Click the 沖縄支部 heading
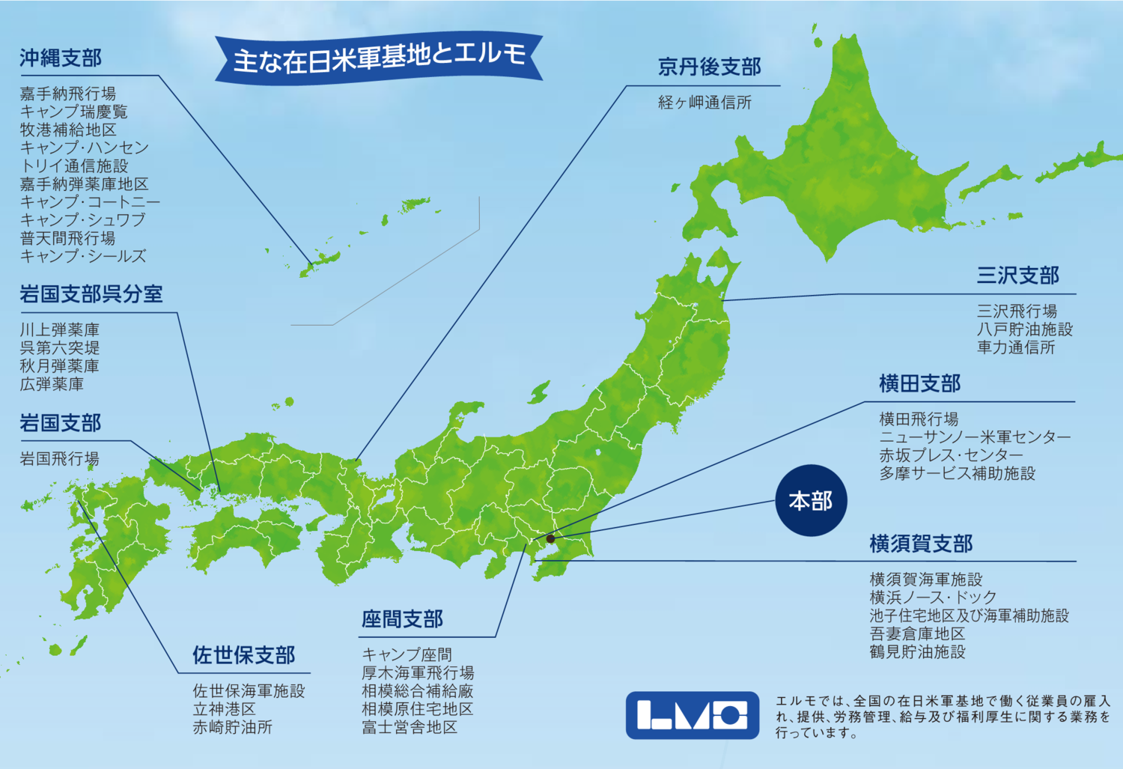[61, 58]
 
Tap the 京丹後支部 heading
[709, 67]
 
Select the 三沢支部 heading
[1017, 276]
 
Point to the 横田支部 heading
[919, 384]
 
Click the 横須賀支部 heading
[921, 544]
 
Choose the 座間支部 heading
[402, 619]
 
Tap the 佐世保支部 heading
[243, 655]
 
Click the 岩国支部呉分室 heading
[91, 294]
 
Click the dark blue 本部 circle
[811, 500]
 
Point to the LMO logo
[693, 715]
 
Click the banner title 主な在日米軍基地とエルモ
[379, 58]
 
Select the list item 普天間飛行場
[67, 238]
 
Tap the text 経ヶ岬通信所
[704, 103]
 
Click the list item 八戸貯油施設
[1024, 329]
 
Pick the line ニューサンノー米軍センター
[975, 437]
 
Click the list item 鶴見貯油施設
[917, 651]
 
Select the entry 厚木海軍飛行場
[418, 672]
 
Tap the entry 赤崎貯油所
[232, 727]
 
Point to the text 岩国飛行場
[59, 458]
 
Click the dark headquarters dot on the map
[550, 538]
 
